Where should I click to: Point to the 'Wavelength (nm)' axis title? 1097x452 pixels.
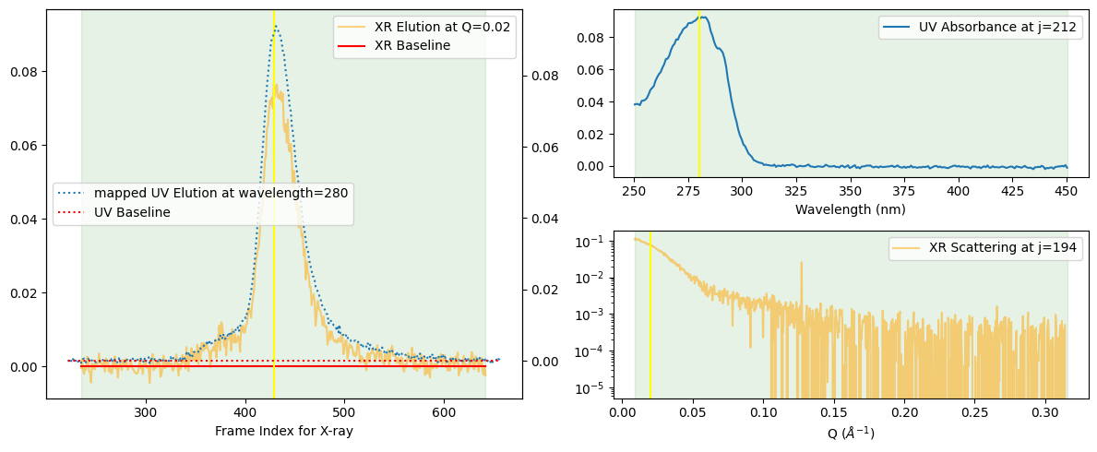[x=850, y=209]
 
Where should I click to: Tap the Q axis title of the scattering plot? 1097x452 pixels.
[x=850, y=433]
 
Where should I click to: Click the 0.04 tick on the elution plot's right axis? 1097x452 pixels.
[x=541, y=218]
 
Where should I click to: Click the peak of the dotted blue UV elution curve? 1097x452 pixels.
[x=274, y=29]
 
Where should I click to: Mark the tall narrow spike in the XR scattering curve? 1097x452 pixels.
[x=801, y=263]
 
